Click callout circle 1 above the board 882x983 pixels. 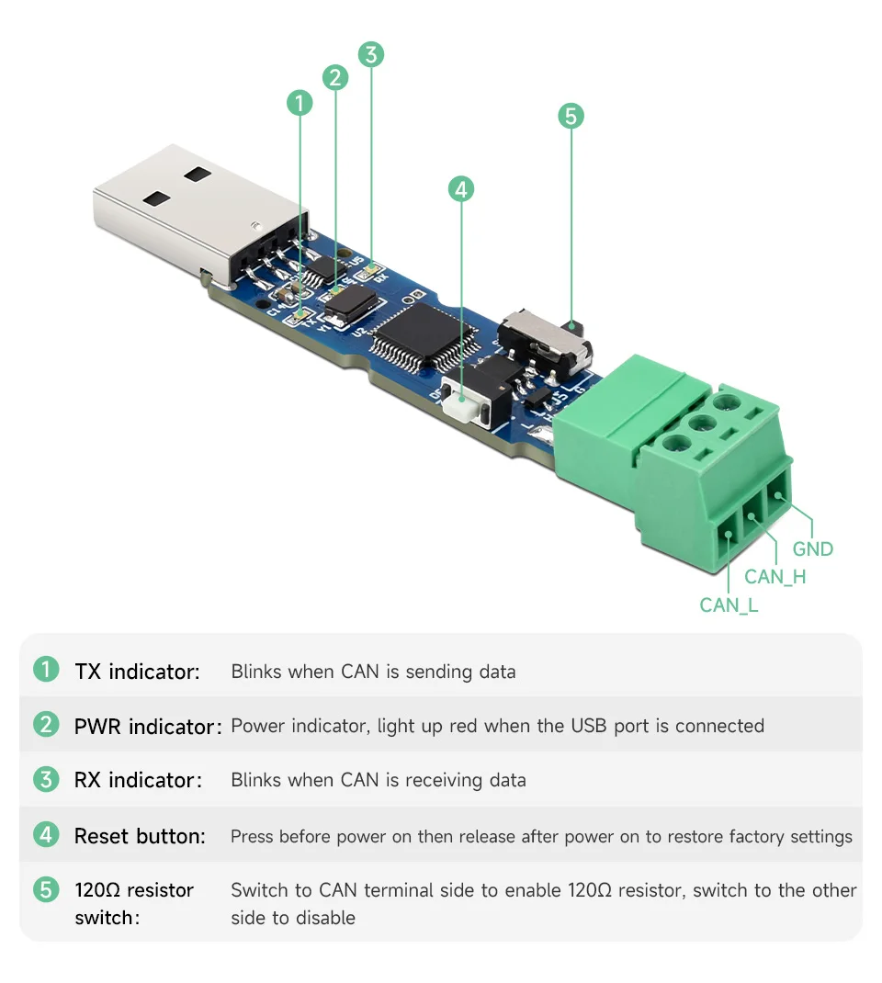(x=300, y=103)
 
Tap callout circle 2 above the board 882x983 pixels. (x=335, y=77)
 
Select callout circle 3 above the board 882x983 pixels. (x=370, y=54)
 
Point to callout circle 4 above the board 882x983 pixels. (x=461, y=190)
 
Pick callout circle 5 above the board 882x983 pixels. (x=571, y=117)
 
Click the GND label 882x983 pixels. (x=812, y=549)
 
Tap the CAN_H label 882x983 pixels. (x=775, y=577)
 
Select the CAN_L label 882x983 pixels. (x=729, y=604)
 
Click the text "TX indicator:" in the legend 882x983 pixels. (x=137, y=672)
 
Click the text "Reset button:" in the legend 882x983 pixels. (x=140, y=836)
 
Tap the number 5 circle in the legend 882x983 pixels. (x=46, y=890)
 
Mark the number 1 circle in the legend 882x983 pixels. (x=46, y=671)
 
